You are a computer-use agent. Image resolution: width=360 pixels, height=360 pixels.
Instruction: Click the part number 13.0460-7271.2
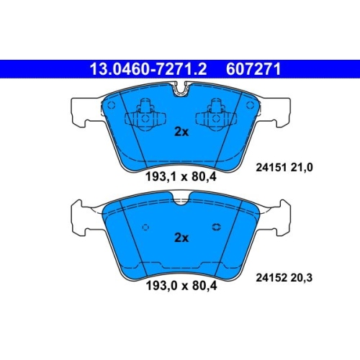(148, 69)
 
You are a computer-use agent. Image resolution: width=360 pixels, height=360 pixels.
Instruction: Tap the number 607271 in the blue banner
(253, 69)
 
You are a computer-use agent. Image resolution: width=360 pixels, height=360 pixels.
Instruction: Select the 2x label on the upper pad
(181, 132)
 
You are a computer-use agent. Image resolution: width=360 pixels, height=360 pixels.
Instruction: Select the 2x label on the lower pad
(181, 238)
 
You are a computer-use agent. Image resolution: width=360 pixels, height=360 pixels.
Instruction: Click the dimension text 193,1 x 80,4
(181, 177)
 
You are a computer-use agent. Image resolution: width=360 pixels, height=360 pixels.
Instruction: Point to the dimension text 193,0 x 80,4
(181, 286)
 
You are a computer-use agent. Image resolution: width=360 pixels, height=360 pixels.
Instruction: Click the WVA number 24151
(271, 167)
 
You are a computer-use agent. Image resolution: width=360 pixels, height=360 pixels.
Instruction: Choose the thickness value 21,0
(302, 167)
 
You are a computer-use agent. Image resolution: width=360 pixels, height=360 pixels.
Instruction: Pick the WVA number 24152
(271, 278)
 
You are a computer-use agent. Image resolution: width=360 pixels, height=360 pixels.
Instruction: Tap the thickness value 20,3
(302, 278)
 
